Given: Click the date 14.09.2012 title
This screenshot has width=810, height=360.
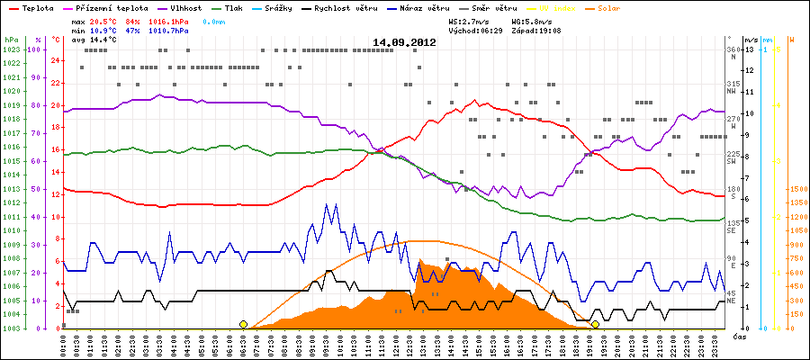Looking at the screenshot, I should [x=405, y=42].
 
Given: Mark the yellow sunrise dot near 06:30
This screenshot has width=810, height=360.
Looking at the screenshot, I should [x=243, y=324].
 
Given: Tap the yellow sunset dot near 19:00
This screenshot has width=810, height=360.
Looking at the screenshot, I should [x=595, y=324].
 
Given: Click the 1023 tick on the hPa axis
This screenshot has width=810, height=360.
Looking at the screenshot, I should [x=10, y=49].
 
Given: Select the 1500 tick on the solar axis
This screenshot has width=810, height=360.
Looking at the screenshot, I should [x=798, y=189].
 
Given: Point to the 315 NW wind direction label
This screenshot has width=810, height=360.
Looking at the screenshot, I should [x=733, y=87].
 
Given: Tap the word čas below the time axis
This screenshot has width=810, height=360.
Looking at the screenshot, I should [x=738, y=337].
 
